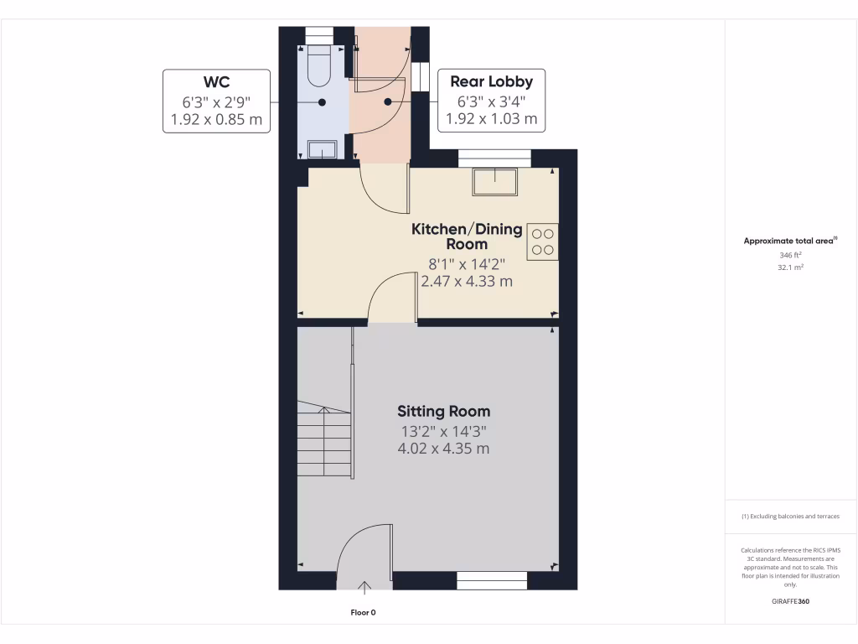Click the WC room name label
(x=216, y=81)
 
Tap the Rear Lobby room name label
(x=491, y=81)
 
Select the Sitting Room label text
(x=443, y=411)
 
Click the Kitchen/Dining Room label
(x=466, y=236)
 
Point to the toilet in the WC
(x=320, y=67)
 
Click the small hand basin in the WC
(x=322, y=150)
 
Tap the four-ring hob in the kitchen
(x=542, y=241)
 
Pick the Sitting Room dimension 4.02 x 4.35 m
(x=443, y=449)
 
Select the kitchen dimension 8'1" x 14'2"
(x=466, y=263)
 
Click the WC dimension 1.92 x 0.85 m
(x=216, y=120)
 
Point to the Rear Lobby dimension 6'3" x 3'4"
(x=491, y=101)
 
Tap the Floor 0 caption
(x=363, y=613)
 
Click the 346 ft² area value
(x=791, y=254)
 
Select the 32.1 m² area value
(x=791, y=267)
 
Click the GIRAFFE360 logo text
(x=791, y=601)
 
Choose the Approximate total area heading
(x=790, y=241)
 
